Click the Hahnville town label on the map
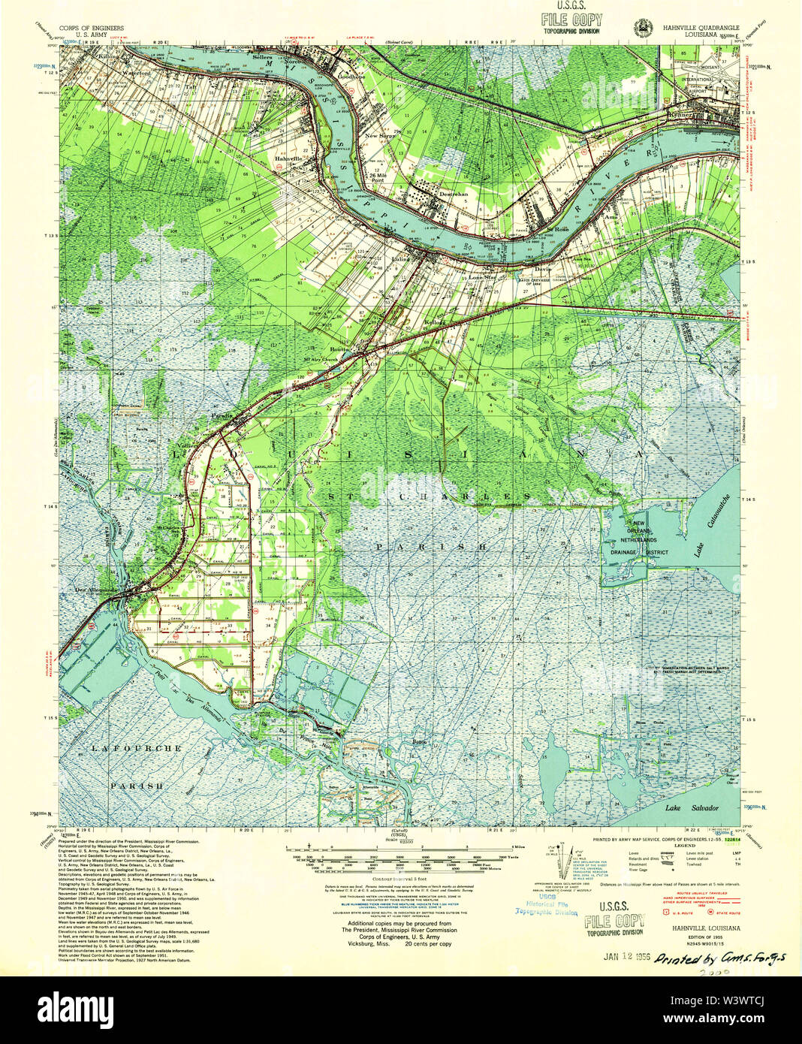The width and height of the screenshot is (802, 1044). [288, 159]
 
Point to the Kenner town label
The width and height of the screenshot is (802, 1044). [680, 115]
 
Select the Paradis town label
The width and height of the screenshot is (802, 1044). [224, 415]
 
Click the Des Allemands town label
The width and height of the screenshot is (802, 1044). [97, 590]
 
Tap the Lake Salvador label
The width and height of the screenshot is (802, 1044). [692, 808]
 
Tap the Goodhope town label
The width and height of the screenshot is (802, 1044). [351, 77]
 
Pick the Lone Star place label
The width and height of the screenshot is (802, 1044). [483, 277]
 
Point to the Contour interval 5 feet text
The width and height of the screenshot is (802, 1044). [399, 878]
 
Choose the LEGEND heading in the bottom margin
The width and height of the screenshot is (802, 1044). [684, 846]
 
